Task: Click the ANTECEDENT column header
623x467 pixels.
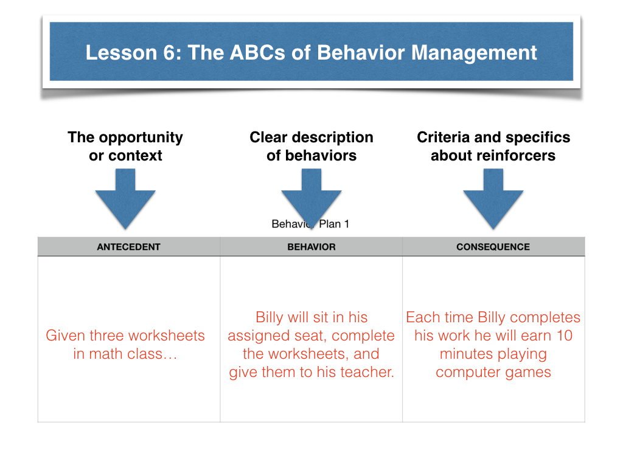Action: [x=128, y=247]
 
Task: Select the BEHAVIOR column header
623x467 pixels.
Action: [x=311, y=247]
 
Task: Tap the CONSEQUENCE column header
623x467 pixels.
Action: [x=493, y=247]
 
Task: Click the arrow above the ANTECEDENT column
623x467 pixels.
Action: [x=125, y=199]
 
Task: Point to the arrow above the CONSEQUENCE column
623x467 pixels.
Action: [x=493, y=199]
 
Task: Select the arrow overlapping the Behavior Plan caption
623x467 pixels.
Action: [x=311, y=199]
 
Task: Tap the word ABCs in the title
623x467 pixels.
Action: [x=257, y=53]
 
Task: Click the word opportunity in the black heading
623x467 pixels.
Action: [x=141, y=138]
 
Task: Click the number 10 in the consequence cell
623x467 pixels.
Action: [x=564, y=336]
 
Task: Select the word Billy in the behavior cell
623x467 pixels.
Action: [x=270, y=317]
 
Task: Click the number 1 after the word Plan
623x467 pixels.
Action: [x=346, y=224]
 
